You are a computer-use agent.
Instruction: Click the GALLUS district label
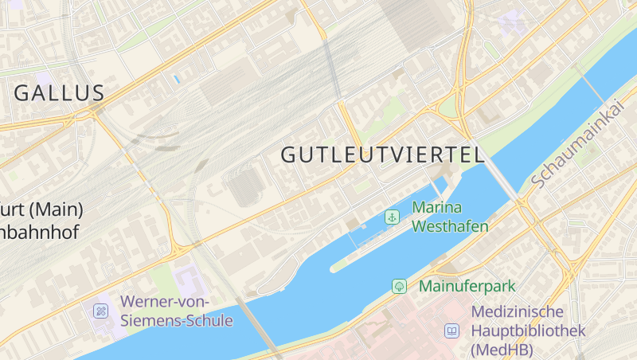pos(60,92)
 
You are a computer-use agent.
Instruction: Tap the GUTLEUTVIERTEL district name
pos(383,155)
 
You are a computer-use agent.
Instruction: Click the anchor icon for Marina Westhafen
pos(392,217)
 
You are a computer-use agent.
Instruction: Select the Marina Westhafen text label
pos(450,217)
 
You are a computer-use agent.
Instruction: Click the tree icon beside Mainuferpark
pos(399,286)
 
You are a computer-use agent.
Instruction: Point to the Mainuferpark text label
pos(467,286)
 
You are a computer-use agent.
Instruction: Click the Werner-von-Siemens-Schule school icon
pos(100,311)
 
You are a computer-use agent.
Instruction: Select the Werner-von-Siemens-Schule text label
pos(176,311)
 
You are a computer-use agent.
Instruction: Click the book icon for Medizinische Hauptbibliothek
pos(452,331)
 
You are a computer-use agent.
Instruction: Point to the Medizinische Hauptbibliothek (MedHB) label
pos(529,331)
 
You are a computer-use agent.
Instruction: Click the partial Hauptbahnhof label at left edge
pos(40,221)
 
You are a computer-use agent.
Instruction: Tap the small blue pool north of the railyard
pos(175,79)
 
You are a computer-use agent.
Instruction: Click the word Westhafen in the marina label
pos(450,226)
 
